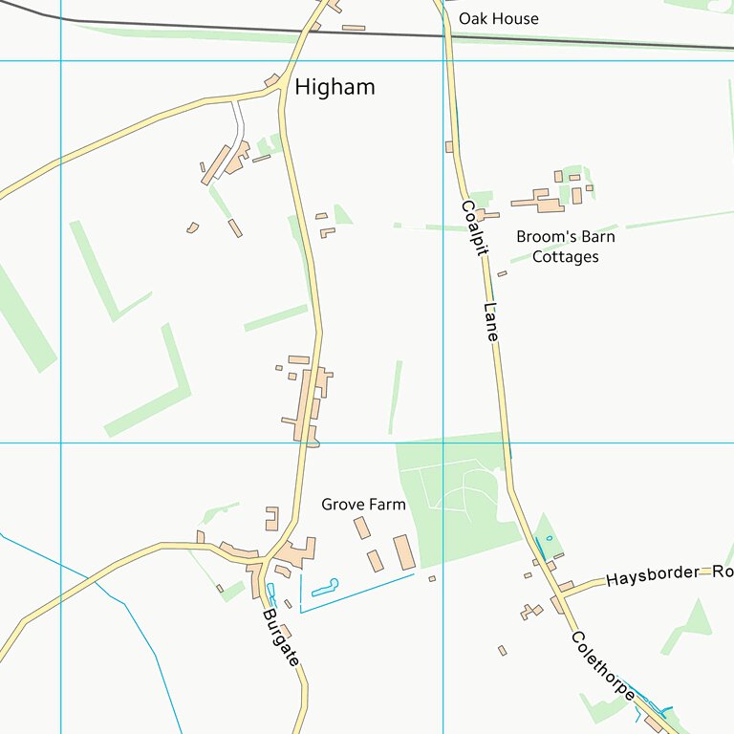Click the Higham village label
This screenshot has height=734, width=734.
click(x=335, y=87)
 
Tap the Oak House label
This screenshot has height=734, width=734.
click(x=498, y=18)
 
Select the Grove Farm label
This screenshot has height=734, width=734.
click(x=363, y=504)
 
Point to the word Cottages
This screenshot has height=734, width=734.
click(x=565, y=257)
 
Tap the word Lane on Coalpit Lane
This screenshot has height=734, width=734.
click(x=491, y=322)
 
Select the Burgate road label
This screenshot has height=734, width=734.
click(x=281, y=637)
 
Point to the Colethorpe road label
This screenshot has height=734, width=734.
click(x=604, y=665)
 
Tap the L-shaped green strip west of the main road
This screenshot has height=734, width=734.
click(x=153, y=392)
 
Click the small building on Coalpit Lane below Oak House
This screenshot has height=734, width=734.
click(x=449, y=146)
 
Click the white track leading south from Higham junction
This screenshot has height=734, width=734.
click(x=237, y=124)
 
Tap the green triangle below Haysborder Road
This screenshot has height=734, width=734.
click(x=697, y=623)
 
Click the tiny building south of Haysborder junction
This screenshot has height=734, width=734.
click(x=503, y=650)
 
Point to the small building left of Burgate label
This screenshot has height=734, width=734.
click(x=220, y=588)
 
